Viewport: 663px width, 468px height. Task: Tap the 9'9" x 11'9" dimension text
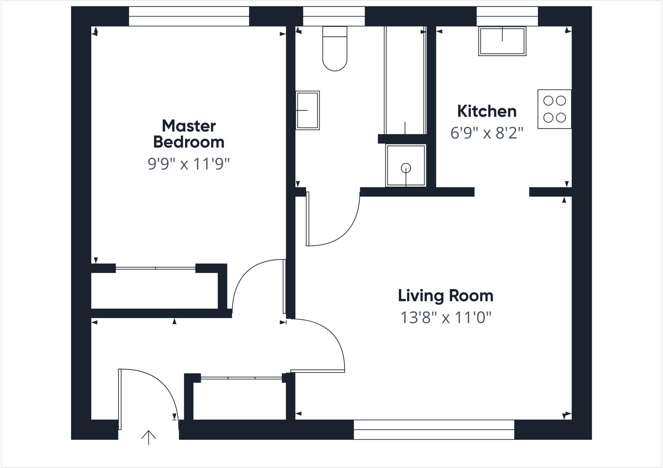pyautogui.click(x=189, y=164)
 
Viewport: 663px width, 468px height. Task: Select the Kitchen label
pyautogui.click(x=487, y=111)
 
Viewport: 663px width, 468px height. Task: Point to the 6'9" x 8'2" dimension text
pyautogui.click(x=487, y=133)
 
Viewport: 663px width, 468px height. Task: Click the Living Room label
pyautogui.click(x=445, y=296)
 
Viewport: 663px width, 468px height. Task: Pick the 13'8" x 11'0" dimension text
pyautogui.click(x=445, y=318)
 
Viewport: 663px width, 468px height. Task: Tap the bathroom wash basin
pyautogui.click(x=308, y=110)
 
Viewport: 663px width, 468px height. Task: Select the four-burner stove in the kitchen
pyautogui.click(x=554, y=109)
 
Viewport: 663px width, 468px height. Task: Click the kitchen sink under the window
pyautogui.click(x=502, y=41)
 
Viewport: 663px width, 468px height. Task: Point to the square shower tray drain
pyautogui.click(x=406, y=168)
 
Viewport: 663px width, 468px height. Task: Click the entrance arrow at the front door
pyautogui.click(x=149, y=437)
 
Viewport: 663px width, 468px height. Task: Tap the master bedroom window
pyautogui.click(x=189, y=16)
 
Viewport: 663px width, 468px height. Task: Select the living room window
pyautogui.click(x=434, y=429)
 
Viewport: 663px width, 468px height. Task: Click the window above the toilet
pyautogui.click(x=334, y=16)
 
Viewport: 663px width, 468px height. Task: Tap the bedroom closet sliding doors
pyautogui.click(x=155, y=268)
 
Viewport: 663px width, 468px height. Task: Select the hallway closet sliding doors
pyautogui.click(x=241, y=378)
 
